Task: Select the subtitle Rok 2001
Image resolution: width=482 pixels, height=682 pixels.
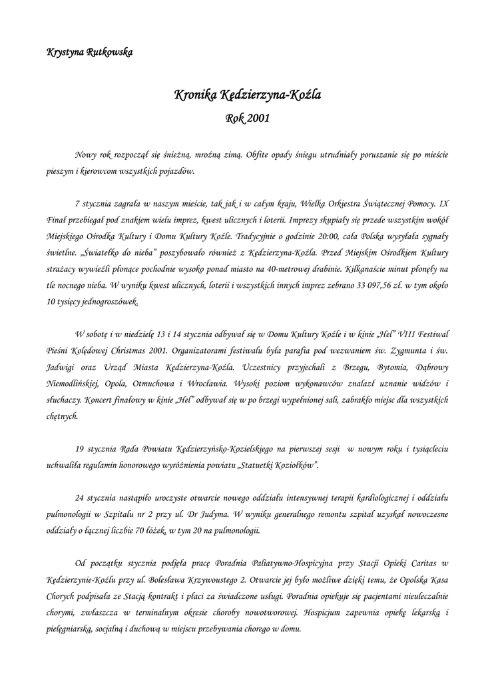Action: point(247,119)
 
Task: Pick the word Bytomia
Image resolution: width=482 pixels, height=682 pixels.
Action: point(371,367)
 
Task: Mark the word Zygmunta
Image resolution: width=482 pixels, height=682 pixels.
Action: point(401,350)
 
